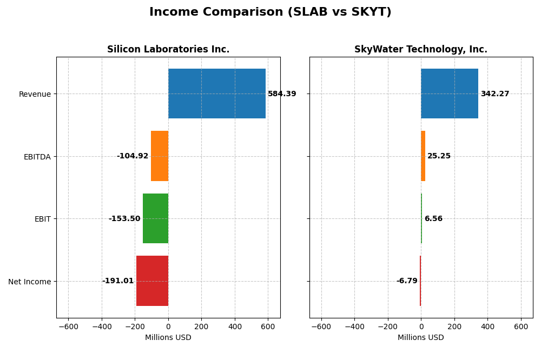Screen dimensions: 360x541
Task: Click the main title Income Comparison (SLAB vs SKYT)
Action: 270,12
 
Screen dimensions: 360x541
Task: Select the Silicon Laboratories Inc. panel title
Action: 168,50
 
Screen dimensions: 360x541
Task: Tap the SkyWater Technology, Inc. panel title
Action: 421,50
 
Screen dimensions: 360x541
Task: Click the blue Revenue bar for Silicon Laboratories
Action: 217,94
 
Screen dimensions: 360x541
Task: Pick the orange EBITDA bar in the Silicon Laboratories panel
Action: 160,156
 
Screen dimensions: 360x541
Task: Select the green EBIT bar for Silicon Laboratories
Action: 155,218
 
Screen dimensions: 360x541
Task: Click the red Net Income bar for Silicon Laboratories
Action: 152,281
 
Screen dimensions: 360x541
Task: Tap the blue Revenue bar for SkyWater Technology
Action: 450,94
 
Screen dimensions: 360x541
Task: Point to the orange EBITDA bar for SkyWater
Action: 423,156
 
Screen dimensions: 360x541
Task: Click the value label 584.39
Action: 282,94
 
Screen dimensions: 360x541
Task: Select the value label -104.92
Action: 133,156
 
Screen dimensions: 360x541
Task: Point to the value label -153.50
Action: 124,219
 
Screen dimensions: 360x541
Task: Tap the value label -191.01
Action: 118,281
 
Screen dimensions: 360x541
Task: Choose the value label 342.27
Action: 495,94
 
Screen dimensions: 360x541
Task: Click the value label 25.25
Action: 439,156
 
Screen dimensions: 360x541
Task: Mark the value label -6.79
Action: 407,281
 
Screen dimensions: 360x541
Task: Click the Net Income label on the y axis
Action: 30,282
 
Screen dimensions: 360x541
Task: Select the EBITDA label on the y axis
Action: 37,157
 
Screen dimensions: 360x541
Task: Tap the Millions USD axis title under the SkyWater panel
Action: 421,338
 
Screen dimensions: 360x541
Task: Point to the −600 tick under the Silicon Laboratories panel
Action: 68,327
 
